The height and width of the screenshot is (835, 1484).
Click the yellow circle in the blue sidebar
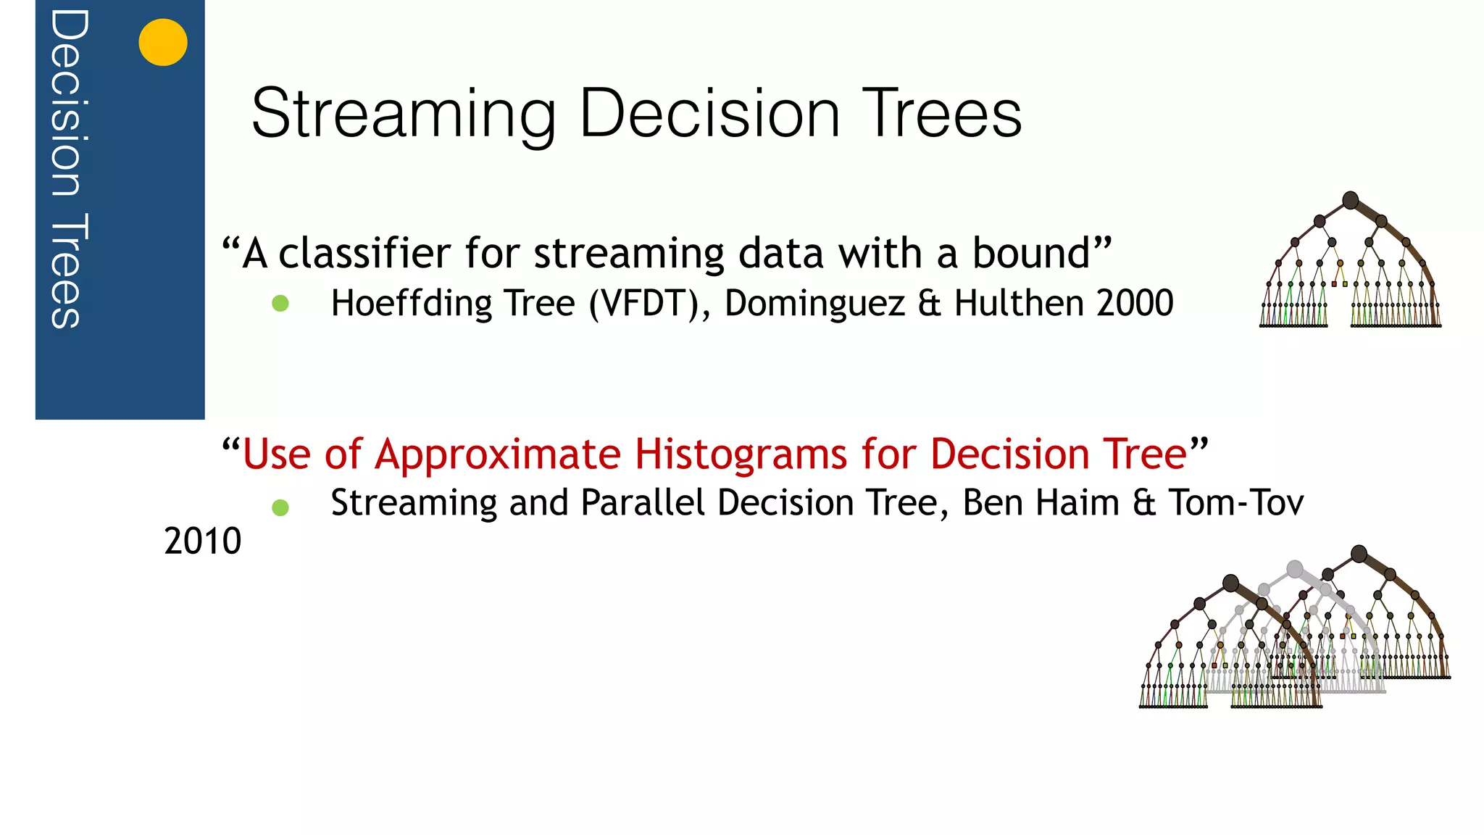[x=163, y=42]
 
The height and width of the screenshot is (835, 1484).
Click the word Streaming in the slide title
[x=403, y=114]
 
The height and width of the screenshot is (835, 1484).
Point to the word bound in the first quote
[x=1030, y=254]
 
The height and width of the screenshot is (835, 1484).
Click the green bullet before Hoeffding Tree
[x=280, y=304]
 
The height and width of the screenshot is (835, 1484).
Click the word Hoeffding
[x=411, y=303]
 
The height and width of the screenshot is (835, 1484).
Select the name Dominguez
[x=814, y=303]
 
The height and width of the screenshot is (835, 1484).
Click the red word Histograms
[x=741, y=454]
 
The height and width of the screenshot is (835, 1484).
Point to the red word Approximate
[x=498, y=454]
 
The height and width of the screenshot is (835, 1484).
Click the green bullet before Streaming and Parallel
[x=280, y=507]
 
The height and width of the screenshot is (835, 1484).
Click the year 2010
[x=203, y=541]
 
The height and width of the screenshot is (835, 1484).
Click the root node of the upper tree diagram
[x=1350, y=200]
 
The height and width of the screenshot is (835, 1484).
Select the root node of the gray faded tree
[x=1295, y=569]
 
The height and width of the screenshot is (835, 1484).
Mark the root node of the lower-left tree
[x=1230, y=583]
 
